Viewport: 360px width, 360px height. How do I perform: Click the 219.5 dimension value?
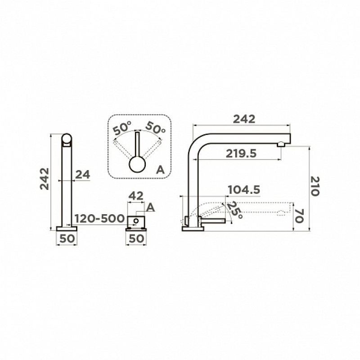tap(241, 153)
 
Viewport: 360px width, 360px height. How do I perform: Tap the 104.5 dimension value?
tap(244, 190)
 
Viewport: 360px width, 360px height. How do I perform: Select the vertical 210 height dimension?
tap(315, 186)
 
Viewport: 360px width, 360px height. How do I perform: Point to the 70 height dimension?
tap(299, 216)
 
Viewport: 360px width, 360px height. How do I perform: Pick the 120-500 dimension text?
tap(99, 219)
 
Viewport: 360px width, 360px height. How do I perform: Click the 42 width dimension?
tap(136, 196)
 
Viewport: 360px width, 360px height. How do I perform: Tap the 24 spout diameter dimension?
tap(83, 175)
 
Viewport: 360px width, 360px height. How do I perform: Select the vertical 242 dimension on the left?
tap(45, 179)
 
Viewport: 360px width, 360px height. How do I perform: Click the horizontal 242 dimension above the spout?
tap(244, 119)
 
